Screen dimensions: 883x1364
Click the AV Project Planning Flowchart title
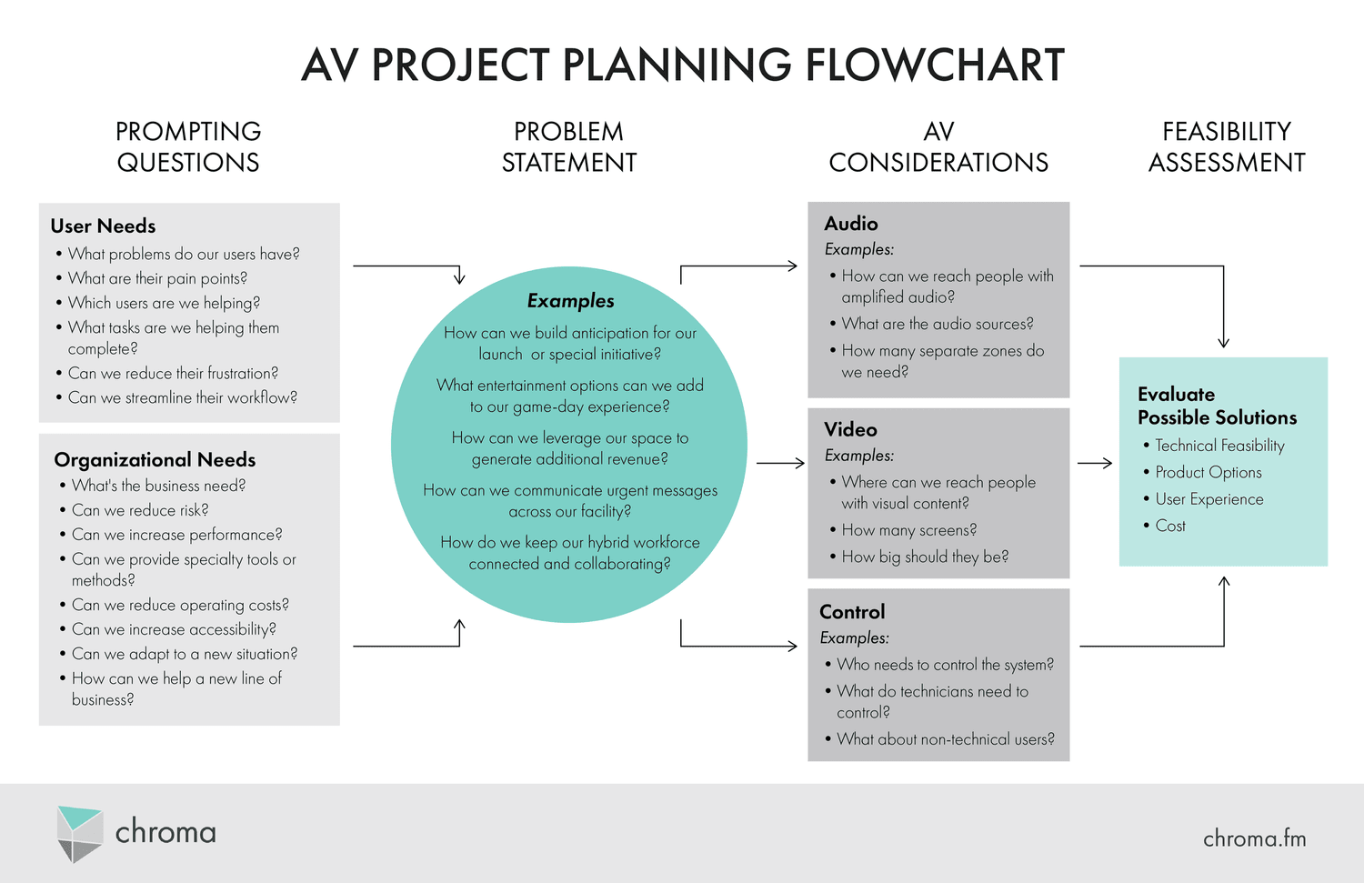click(682, 65)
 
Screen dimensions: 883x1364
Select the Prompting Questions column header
click(188, 146)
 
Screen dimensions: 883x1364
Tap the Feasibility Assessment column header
click(1227, 146)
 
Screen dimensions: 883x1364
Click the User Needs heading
click(103, 226)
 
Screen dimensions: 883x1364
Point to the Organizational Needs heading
click(155, 459)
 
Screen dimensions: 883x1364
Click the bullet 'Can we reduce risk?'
click(140, 510)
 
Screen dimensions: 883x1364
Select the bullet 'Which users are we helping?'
click(164, 303)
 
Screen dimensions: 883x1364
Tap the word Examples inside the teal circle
click(570, 301)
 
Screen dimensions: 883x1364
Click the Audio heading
click(851, 224)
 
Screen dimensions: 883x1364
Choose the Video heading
click(850, 429)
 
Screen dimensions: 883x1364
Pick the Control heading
click(852, 612)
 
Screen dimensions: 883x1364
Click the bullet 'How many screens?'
click(908, 530)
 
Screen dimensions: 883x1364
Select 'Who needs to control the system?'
click(945, 665)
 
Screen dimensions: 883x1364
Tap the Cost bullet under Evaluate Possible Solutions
click(1170, 526)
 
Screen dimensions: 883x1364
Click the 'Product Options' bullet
click(1208, 472)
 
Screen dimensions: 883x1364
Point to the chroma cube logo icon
click(79, 833)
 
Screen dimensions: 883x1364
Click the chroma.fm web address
click(1254, 838)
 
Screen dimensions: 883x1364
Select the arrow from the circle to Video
click(780, 463)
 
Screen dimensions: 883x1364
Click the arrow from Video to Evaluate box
click(1095, 463)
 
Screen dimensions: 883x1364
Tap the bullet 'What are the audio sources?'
click(937, 324)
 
